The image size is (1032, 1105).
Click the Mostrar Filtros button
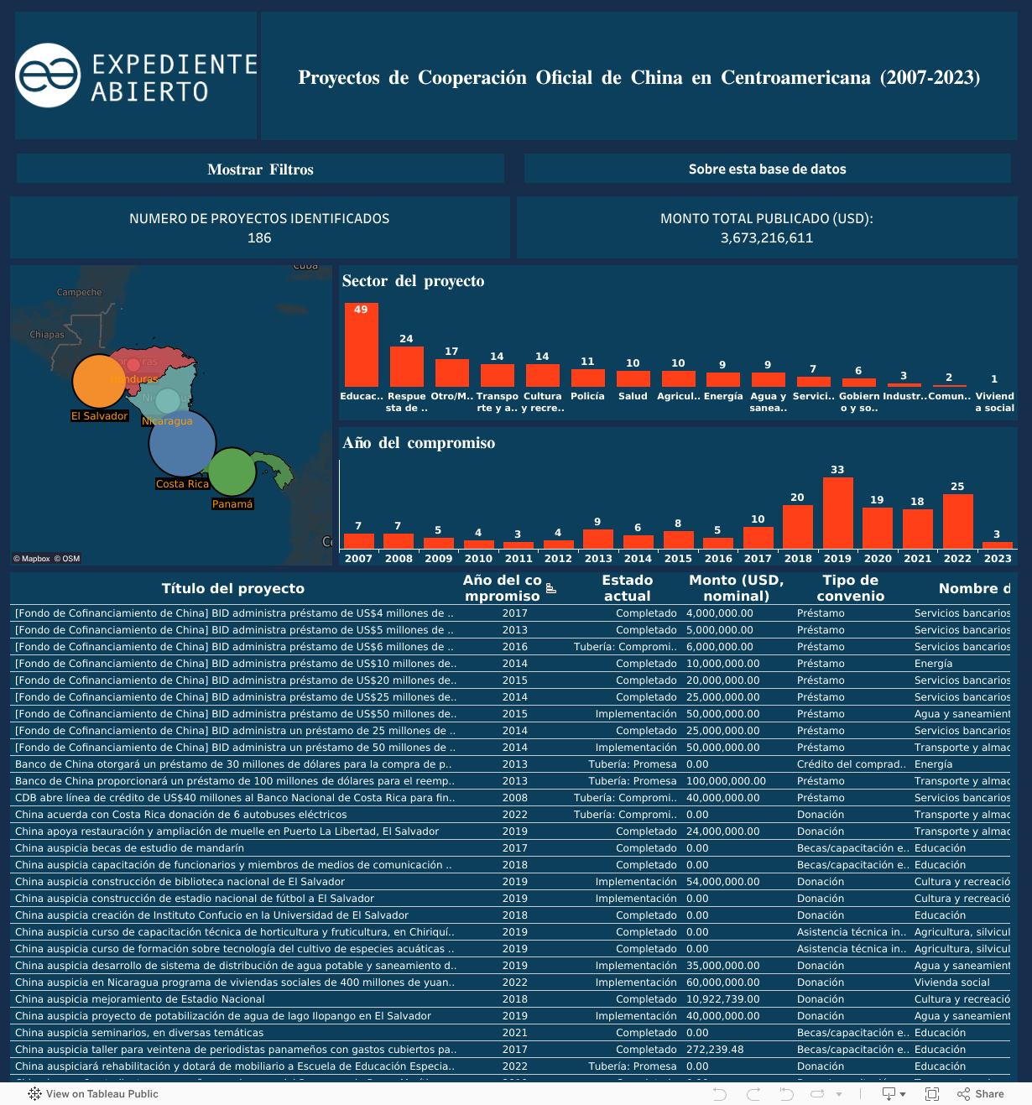coord(260,169)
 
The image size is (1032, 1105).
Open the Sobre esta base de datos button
coord(767,169)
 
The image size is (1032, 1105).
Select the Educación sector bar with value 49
coord(362,345)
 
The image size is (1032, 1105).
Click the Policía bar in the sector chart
coord(587,378)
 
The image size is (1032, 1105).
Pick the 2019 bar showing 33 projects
coord(837,513)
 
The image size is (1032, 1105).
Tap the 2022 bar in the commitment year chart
coord(957,521)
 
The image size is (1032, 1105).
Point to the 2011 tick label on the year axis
coord(519,559)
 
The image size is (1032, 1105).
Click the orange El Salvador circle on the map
coord(99,382)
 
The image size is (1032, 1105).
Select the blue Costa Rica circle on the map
coord(182,444)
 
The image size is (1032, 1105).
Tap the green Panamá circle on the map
coord(232,472)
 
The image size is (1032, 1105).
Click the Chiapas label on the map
coord(47,335)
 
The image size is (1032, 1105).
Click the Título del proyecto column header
coord(233,588)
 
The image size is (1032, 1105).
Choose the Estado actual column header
coord(627,587)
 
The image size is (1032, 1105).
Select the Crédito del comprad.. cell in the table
coord(851,764)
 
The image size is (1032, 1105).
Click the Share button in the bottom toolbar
coord(981,1094)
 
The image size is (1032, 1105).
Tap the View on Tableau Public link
coord(93,1094)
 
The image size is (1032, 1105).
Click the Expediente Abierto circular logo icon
coord(49,76)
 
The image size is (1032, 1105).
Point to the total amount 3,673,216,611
coord(766,238)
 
